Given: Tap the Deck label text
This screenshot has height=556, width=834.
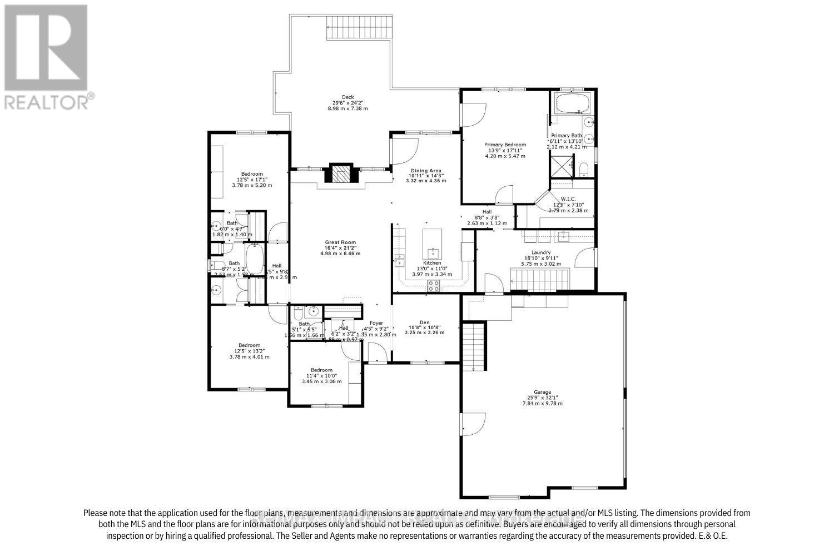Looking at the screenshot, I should (348, 97).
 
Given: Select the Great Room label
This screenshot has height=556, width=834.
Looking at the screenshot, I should (340, 242).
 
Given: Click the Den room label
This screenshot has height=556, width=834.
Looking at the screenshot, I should (425, 321).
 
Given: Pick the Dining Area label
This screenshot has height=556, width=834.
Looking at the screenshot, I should (425, 171).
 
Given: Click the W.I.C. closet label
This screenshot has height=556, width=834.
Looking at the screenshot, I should (568, 198).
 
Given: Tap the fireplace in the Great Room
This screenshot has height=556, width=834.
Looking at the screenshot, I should (339, 173).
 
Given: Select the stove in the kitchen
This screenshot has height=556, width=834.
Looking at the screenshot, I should (433, 286).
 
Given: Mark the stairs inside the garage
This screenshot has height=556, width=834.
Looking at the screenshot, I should (474, 347).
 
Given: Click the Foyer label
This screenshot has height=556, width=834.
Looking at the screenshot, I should (376, 323).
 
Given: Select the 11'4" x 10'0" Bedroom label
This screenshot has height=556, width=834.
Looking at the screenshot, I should (321, 370).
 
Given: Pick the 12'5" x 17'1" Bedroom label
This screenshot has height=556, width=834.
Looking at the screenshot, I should (251, 174).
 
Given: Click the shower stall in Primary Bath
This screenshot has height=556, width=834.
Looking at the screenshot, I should (561, 165).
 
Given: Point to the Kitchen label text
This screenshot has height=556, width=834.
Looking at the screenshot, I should (432, 263).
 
